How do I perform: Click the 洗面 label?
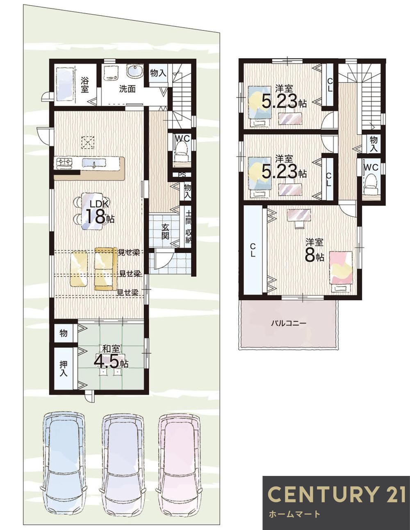[x=127, y=89]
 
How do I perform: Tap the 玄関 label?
[x=165, y=231]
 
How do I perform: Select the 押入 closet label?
[x=64, y=368]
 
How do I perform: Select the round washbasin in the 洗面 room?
[x=134, y=72]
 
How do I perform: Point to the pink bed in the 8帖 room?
[x=341, y=268]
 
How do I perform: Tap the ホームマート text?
[x=294, y=514]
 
